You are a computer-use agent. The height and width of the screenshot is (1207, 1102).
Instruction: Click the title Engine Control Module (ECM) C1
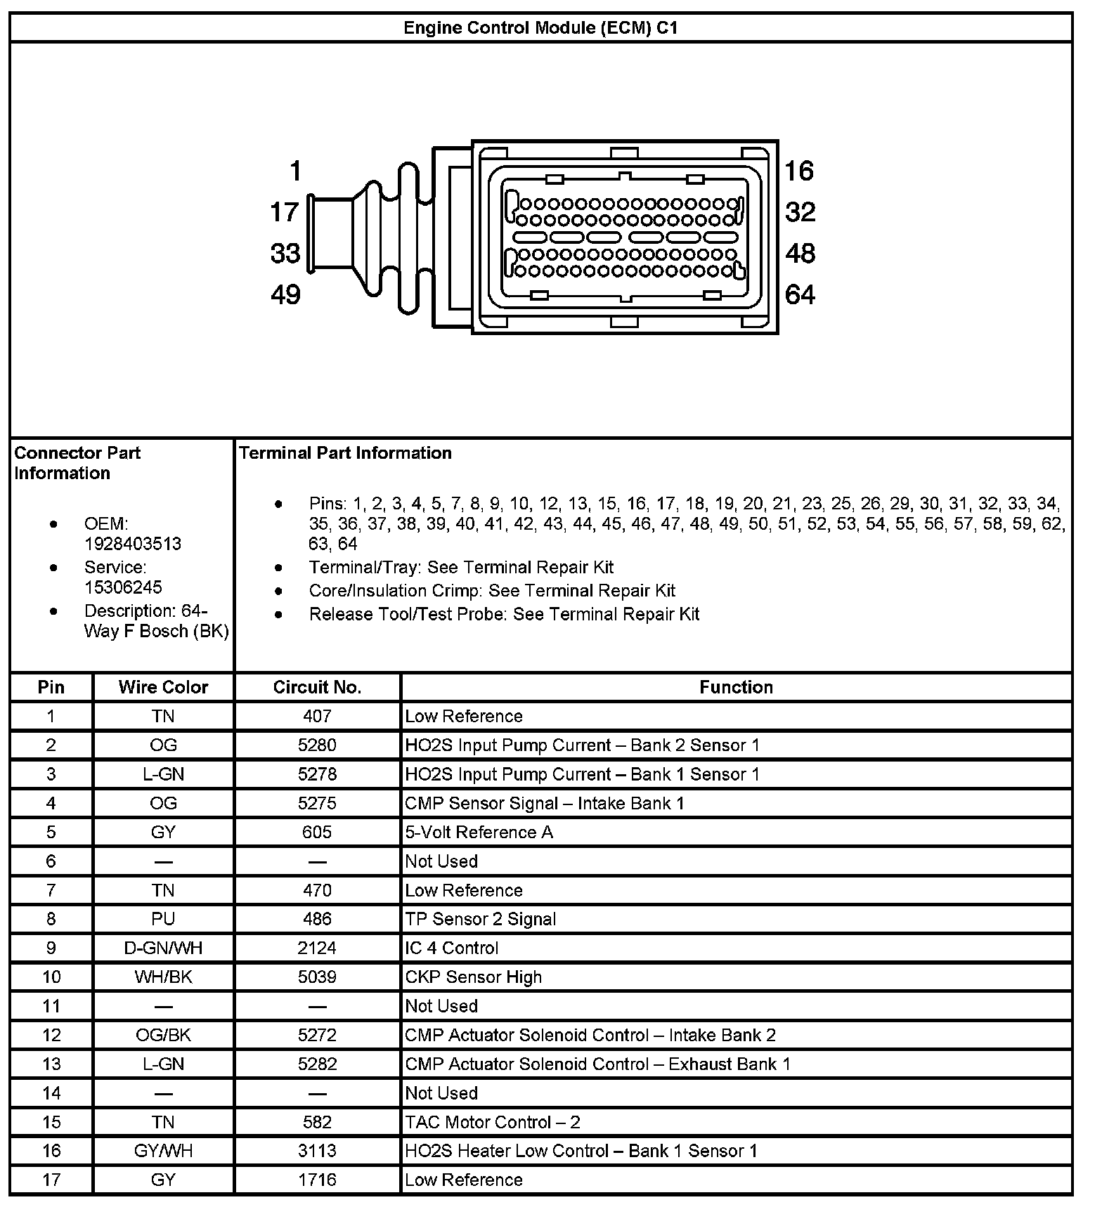coord(540,28)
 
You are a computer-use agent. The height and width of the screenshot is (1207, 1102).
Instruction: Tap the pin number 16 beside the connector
coord(799,171)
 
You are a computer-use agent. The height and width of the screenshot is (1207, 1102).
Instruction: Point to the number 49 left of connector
coord(285,294)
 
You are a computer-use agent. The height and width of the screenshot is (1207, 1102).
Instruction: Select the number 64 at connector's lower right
coord(800,294)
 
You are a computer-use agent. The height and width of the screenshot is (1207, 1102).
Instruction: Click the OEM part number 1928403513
coord(133,544)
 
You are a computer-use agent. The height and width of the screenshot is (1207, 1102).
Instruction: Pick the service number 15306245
coord(123,587)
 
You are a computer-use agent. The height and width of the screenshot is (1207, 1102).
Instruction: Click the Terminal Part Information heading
coord(345,453)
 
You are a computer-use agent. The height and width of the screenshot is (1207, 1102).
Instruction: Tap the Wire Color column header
coord(163,687)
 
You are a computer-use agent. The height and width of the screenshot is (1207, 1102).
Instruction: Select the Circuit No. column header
coord(317,687)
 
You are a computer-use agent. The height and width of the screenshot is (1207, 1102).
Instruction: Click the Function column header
coord(736,687)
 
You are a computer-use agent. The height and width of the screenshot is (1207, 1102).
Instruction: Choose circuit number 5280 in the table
coord(317,745)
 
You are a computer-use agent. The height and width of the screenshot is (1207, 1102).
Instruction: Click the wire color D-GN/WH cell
coord(163,948)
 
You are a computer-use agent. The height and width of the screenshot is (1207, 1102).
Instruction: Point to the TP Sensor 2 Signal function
coord(481,920)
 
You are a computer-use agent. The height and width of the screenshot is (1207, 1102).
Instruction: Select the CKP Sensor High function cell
coord(474,977)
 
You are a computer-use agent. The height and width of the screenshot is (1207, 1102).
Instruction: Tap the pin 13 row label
coord(51,1064)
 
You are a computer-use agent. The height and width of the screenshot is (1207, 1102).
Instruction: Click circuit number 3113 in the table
coord(317,1151)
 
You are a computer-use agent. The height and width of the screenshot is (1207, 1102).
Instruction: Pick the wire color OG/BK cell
coord(163,1036)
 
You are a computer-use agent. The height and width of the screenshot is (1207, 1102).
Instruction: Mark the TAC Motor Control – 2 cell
coord(493,1123)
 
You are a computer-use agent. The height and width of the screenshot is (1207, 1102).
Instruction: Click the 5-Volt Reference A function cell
coord(479,833)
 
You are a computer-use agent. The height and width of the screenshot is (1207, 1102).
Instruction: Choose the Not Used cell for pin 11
coord(441,1006)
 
